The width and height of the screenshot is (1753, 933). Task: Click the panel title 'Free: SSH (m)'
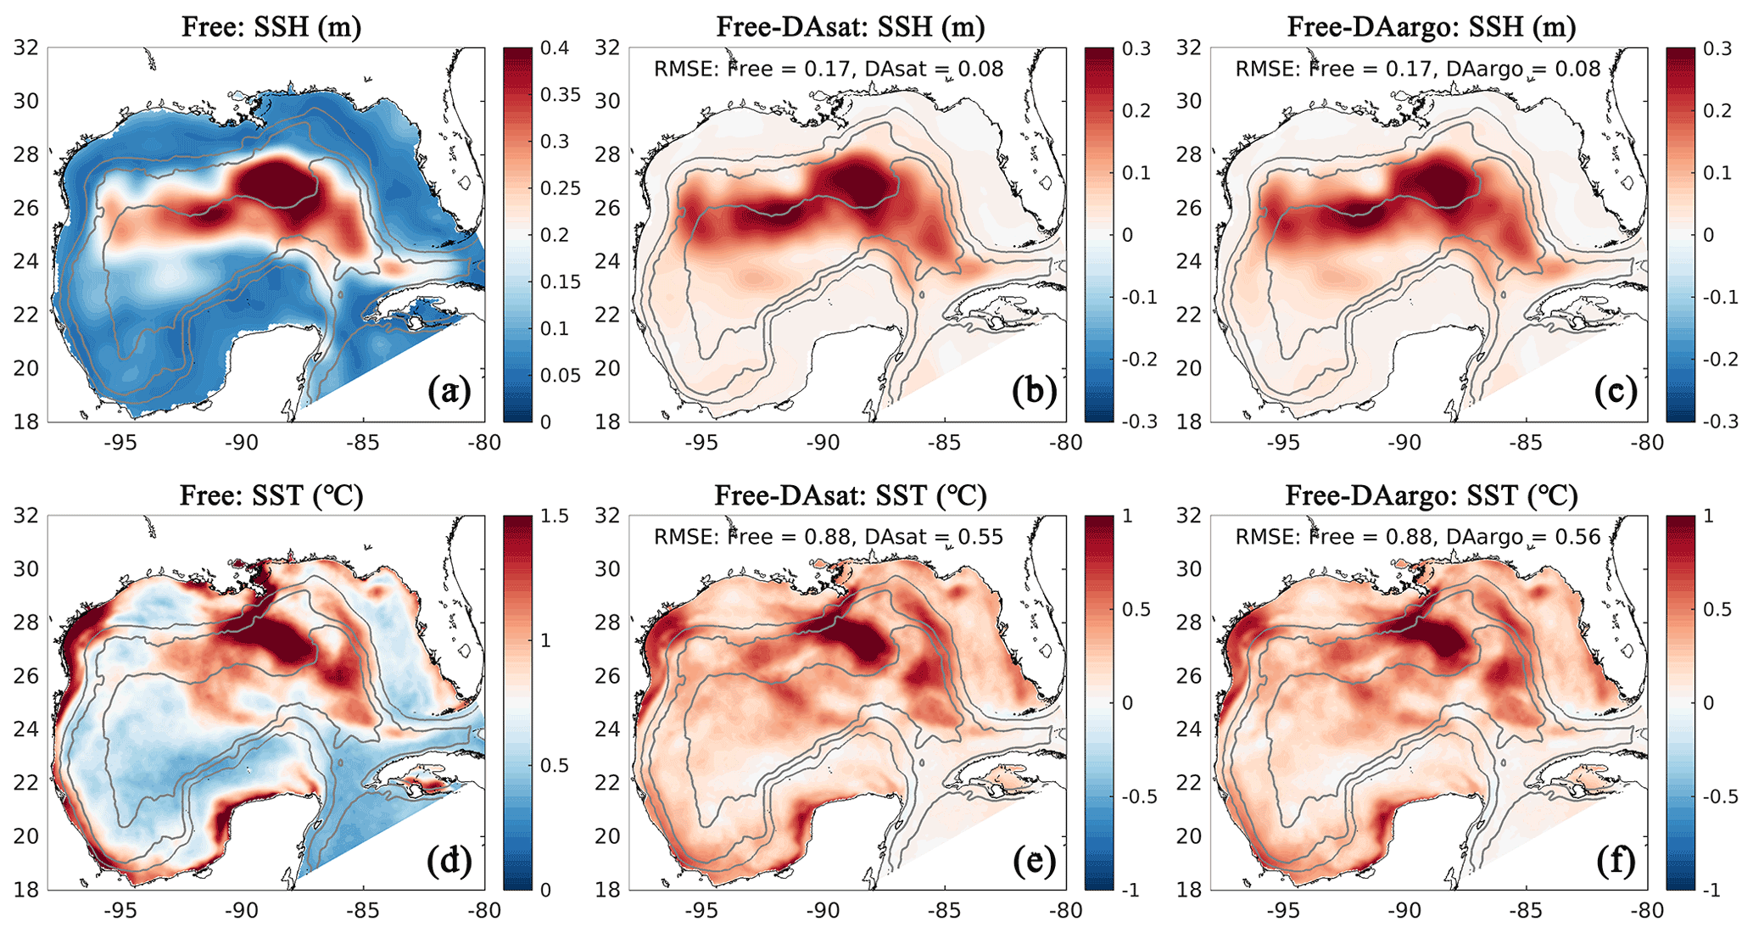(271, 27)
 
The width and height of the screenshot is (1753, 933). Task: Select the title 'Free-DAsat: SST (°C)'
(851, 495)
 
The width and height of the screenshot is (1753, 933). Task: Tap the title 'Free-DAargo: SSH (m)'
(1432, 27)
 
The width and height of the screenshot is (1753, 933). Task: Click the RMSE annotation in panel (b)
(829, 69)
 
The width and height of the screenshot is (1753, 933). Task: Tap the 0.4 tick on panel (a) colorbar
(555, 48)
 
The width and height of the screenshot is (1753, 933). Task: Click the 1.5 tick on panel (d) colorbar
(555, 517)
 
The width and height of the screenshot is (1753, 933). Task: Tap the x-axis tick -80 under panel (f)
(1646, 911)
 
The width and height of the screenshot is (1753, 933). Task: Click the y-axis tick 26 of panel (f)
(1189, 676)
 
